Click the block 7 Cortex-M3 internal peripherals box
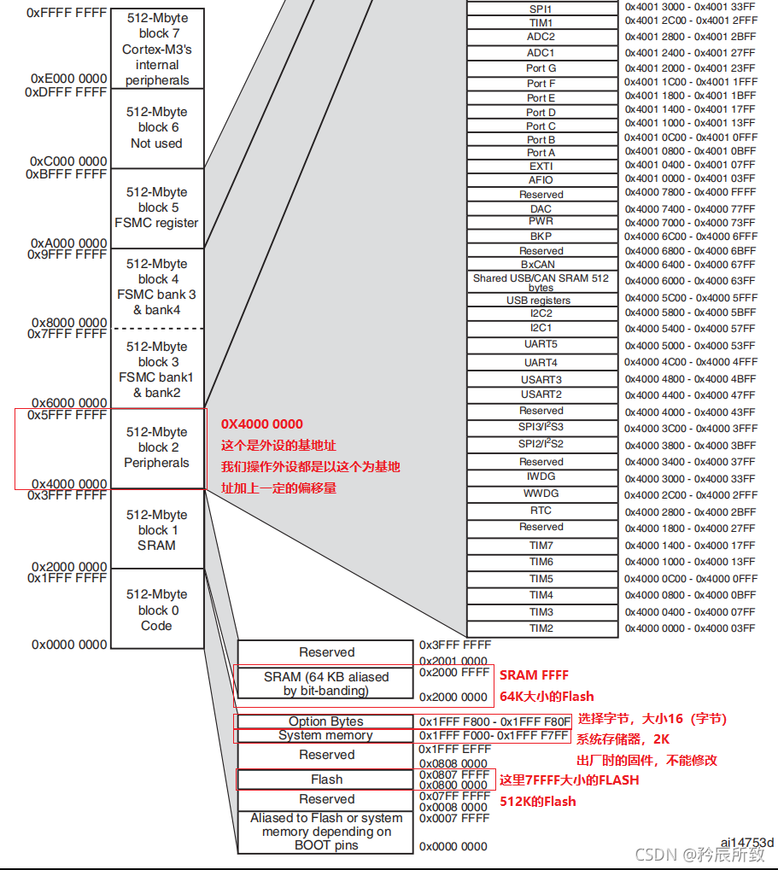click(156, 49)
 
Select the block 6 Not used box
click(156, 128)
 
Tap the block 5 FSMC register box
click(156, 207)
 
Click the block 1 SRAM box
click(156, 529)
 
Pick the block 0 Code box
click(156, 610)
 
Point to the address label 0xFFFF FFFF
click(67, 13)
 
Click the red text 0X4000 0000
click(262, 424)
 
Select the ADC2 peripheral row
click(541, 37)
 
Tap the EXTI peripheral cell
click(541, 166)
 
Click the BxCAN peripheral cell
click(541, 265)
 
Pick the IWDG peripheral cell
click(541, 477)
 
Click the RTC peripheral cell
click(541, 511)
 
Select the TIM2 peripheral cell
click(541, 628)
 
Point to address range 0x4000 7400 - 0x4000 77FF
click(690, 209)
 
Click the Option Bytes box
click(326, 721)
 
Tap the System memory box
click(326, 735)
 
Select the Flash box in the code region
click(326, 779)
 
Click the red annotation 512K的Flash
click(538, 801)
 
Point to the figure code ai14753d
click(746, 842)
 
